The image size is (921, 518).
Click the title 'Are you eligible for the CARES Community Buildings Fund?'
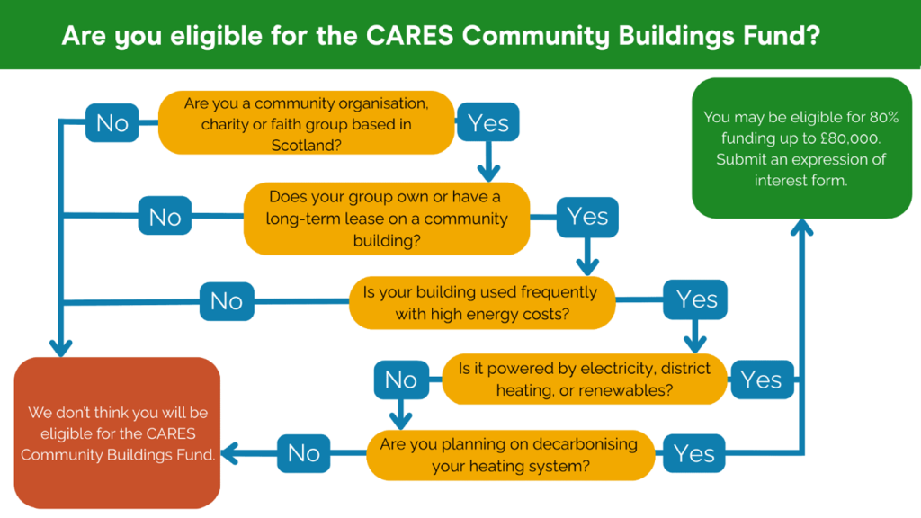coord(440,35)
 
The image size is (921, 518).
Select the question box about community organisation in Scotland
coord(306,123)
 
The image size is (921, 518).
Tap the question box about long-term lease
coord(387,219)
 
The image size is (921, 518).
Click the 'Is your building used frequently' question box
coord(481,303)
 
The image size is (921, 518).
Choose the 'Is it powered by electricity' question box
coord(584,379)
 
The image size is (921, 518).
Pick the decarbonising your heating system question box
coord(509,454)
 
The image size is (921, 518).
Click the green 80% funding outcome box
coord(801,148)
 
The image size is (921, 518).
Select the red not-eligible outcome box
coord(118,433)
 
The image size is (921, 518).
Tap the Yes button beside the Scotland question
coord(488,123)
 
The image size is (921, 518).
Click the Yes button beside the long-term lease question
coord(587,218)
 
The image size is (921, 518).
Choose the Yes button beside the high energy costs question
coord(695,300)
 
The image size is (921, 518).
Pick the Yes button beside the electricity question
coord(761,380)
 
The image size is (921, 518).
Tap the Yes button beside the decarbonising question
coord(694,454)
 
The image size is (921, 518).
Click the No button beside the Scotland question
coord(112,123)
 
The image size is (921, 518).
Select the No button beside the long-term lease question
coord(165,218)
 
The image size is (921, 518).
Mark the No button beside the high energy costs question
coord(227,301)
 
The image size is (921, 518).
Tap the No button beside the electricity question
coord(401,380)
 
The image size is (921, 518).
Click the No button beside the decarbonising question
coord(304,454)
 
